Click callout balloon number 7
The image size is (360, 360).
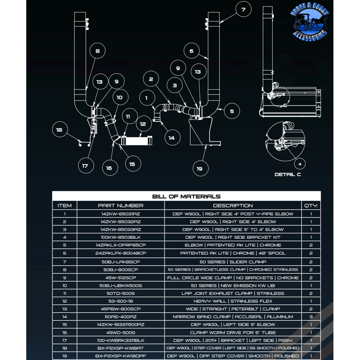(x=243, y=9)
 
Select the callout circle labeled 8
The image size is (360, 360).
(x=97, y=51)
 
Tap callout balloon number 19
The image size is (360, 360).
(x=200, y=169)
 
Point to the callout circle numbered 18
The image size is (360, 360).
(x=59, y=130)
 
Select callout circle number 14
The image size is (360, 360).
(x=171, y=138)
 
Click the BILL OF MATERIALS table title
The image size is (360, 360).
(x=186, y=196)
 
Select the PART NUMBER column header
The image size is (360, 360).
(x=121, y=206)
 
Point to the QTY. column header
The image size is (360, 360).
(x=310, y=206)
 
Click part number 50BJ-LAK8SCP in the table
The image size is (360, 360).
(x=121, y=261)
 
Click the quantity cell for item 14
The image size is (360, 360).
(x=310, y=317)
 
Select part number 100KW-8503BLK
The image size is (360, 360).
(x=121, y=237)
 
